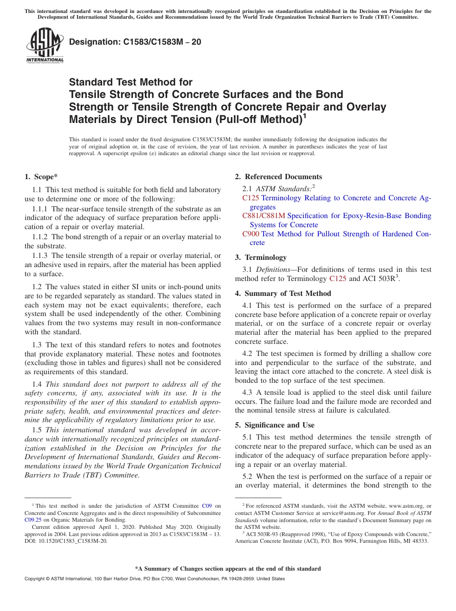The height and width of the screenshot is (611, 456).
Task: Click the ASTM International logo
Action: [x=45, y=46]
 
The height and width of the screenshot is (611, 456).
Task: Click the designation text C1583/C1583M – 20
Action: [x=135, y=42]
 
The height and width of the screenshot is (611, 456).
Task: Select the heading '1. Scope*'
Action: [x=41, y=177]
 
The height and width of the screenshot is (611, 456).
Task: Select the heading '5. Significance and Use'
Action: [x=275, y=425]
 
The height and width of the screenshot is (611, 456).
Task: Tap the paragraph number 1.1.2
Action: [x=40, y=237]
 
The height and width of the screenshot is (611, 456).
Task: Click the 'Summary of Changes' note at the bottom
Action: [x=228, y=569]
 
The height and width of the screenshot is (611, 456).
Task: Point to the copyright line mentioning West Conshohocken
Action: [x=155, y=579]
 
